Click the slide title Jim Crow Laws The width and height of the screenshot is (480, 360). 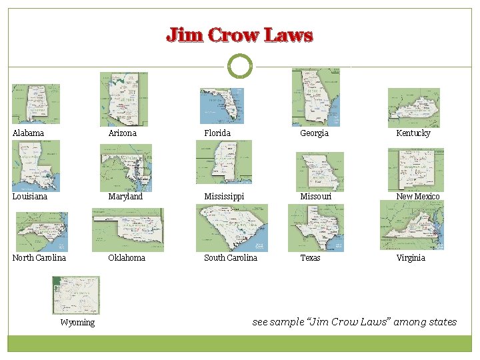tap(239, 35)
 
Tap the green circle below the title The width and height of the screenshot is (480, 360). tap(240, 67)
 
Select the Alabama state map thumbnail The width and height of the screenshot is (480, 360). tap(36, 103)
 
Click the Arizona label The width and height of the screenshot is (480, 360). tap(123, 133)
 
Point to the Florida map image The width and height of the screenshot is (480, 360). tap(222, 105)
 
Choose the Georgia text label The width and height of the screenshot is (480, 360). tap(314, 133)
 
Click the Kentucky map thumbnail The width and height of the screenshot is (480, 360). tap(414, 107)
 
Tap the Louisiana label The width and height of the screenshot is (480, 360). tap(30, 197)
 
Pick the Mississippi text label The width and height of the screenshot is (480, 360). tap(224, 197)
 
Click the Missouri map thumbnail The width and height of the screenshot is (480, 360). tap(320, 171)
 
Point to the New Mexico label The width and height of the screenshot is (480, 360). tap(418, 197)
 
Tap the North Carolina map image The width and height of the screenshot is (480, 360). tap(41, 231)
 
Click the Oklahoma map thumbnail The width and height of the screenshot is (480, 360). tap(127, 229)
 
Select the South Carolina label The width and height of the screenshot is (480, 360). tap(231, 258)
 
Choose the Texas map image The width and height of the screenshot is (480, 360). tap(316, 228)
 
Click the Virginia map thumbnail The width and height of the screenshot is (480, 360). tap(412, 225)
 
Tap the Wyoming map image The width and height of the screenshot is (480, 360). tap(76, 295)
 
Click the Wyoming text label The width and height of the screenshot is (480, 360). tap(77, 323)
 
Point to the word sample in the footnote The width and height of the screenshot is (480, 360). tap(289, 322)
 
